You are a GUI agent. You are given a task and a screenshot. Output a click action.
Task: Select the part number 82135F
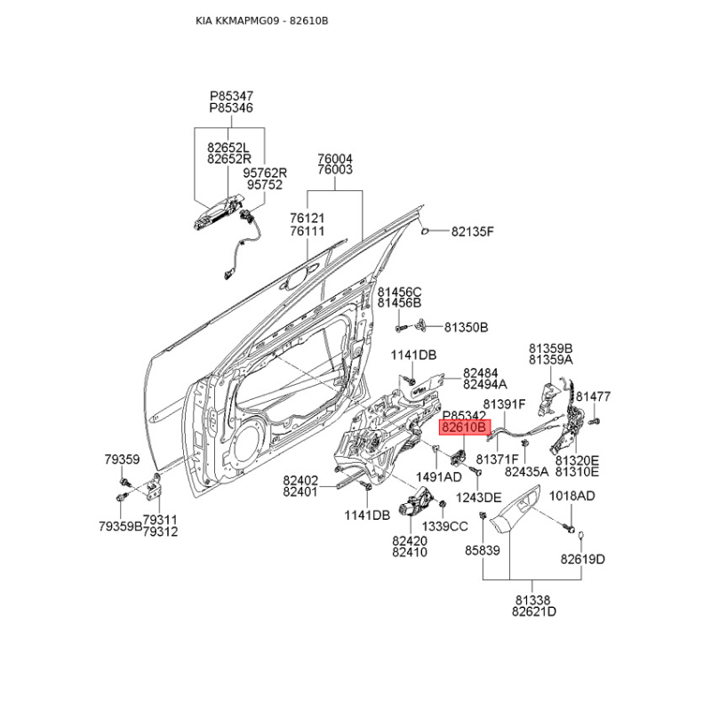[x=472, y=233]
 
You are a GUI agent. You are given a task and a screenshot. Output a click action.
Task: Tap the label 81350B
[x=467, y=327]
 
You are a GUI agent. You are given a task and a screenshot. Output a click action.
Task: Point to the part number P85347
[x=231, y=94]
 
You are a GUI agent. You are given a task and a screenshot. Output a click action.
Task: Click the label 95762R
[x=267, y=172]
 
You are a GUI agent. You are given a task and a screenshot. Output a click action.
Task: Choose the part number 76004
[x=335, y=158]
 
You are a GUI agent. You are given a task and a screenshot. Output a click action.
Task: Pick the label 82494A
[x=484, y=385]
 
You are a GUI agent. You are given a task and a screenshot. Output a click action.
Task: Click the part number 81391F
[x=505, y=404]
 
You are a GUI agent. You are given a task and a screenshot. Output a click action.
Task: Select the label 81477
[x=592, y=396]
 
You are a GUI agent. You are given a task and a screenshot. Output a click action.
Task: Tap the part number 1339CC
[x=444, y=526]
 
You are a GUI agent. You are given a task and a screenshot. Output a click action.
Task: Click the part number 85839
[x=483, y=551]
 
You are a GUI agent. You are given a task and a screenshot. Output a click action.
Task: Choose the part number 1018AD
[x=571, y=496]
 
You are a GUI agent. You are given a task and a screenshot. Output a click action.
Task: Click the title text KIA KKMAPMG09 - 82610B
[x=260, y=20]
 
